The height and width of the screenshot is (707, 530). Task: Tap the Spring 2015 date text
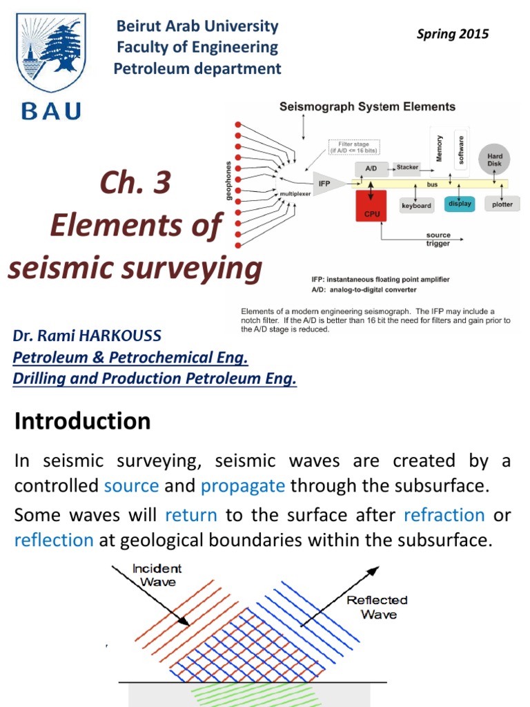pos(452,34)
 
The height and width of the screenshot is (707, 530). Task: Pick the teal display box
pos(459,204)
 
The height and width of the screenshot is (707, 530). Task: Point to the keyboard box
pos(416,206)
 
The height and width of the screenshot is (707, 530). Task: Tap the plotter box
pos(502,205)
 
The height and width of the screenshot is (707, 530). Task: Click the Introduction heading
pos(82,421)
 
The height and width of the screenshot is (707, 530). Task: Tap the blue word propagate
pos(243,485)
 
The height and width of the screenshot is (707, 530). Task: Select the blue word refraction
pos(444,515)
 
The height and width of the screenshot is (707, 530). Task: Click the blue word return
pos(191,515)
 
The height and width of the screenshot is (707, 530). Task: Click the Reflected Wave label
pos(377,607)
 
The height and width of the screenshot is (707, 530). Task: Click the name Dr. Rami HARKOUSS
pos(87,336)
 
